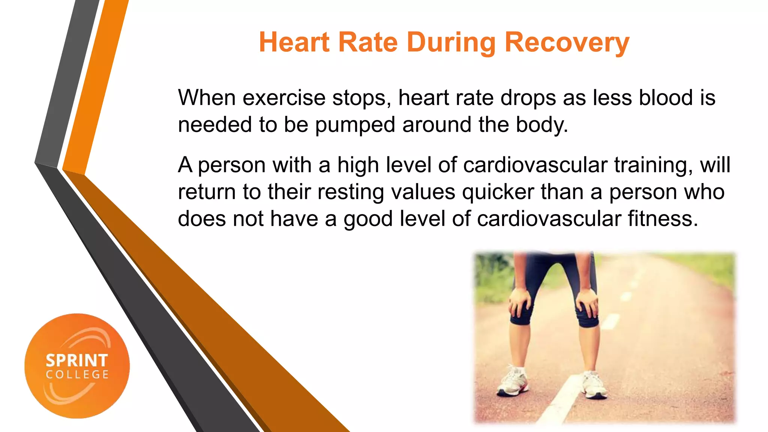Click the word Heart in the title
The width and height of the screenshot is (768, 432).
(294, 42)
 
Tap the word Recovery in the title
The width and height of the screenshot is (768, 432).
(567, 43)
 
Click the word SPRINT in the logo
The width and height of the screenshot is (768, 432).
(77, 360)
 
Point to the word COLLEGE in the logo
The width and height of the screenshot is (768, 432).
(77, 374)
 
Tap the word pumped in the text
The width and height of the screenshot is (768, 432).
(355, 125)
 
